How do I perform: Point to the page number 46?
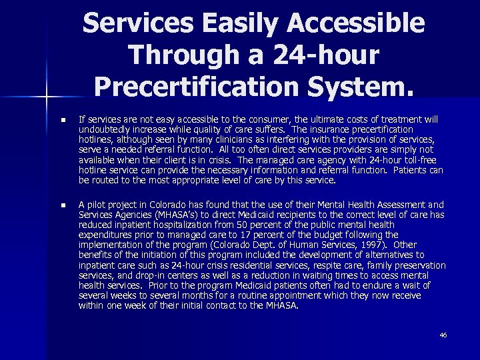(x=443, y=335)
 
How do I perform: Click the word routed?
(x=106, y=180)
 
